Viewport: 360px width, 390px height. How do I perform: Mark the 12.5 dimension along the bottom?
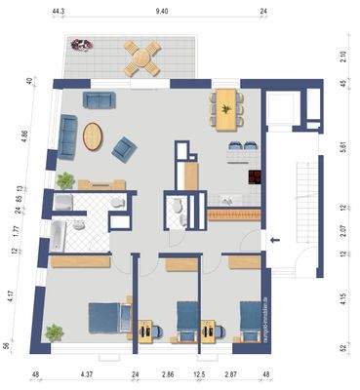199,374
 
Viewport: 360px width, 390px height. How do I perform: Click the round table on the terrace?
143,58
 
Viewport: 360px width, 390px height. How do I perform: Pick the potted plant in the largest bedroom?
54,333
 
